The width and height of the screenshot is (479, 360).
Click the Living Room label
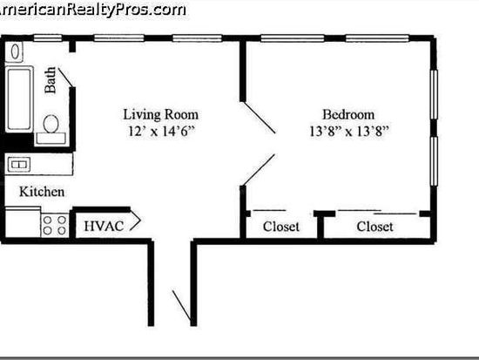pos(161,115)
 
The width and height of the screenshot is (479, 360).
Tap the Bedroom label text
pos(348,115)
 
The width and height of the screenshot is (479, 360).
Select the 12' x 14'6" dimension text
pos(161,132)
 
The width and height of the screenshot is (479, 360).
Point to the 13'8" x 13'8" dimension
pos(349,132)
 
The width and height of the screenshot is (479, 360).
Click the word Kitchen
pos(42,192)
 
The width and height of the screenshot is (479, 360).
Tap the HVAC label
pos(104,227)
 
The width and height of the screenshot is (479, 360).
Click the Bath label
pos(51,80)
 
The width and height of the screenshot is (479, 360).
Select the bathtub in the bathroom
pos(19,99)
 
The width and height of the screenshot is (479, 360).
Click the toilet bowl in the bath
pos(51,124)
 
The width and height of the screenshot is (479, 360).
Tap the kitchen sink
pos(19,165)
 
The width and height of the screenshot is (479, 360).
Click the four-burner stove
pos(55,225)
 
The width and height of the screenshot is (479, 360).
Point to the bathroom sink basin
pos(15,51)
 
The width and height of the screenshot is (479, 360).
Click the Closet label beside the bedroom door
pos(281,227)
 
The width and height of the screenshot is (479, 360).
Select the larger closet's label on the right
pos(374,227)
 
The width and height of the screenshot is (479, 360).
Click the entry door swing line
pos(182,307)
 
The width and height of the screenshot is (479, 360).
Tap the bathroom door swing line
pos(65,78)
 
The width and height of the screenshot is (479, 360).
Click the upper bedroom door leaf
pos(259,118)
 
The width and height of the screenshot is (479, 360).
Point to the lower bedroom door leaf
pos(259,170)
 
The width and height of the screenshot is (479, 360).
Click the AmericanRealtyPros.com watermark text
pos(92,10)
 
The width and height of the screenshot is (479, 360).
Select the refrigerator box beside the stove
pos(23,222)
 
